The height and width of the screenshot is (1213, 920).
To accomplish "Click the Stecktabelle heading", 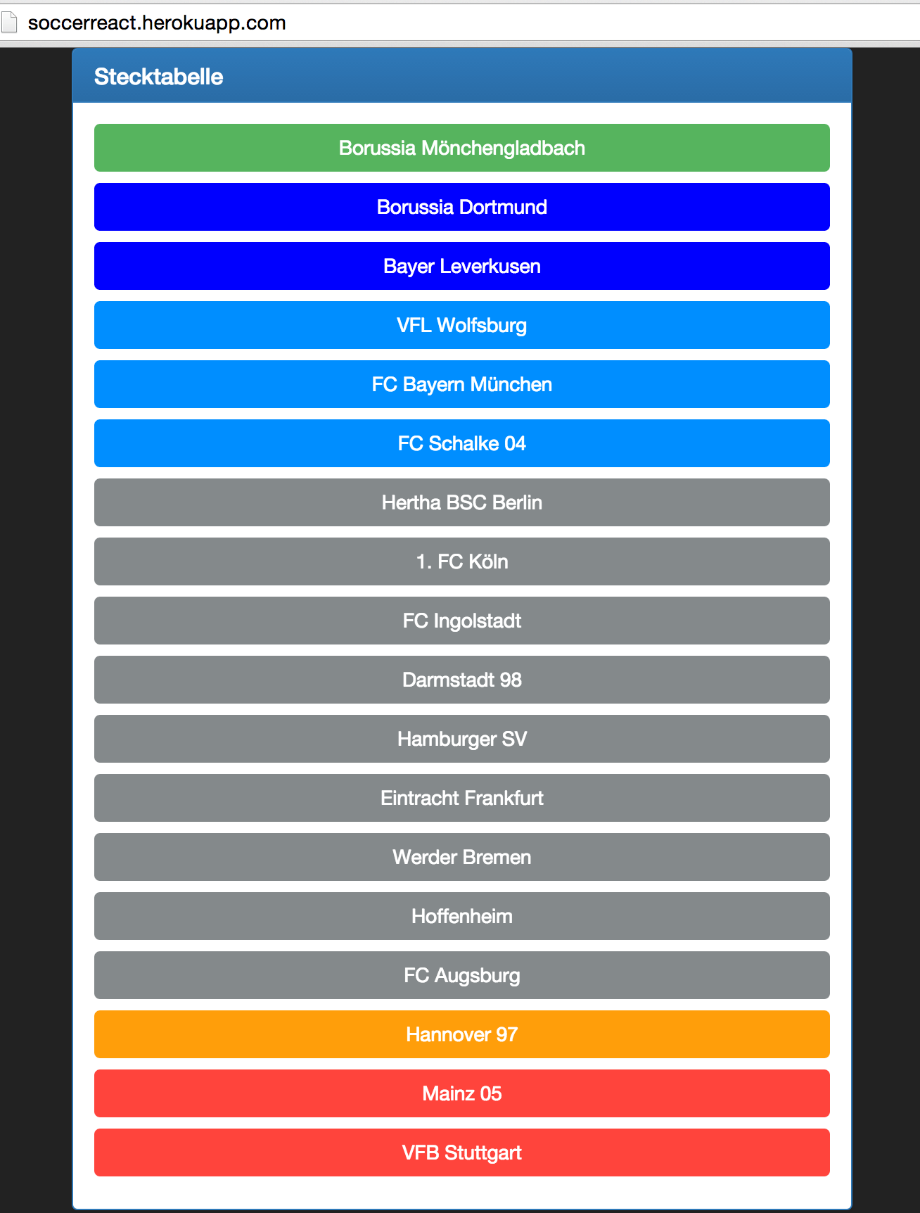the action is click(x=158, y=77).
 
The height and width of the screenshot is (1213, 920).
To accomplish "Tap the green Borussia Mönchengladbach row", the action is click(x=462, y=148).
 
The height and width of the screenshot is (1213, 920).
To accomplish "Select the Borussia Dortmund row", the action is click(x=462, y=207).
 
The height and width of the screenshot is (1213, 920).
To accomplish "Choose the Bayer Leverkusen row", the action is click(x=462, y=266).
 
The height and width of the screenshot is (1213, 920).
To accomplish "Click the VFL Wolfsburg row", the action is click(x=462, y=325).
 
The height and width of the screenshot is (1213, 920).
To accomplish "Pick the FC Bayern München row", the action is click(x=462, y=384).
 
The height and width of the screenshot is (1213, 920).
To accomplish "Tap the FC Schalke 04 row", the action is click(x=462, y=443).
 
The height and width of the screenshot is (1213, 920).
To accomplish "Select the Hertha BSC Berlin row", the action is click(x=462, y=502).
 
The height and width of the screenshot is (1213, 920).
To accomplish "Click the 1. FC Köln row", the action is click(x=462, y=561).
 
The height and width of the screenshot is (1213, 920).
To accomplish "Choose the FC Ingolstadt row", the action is click(x=462, y=621).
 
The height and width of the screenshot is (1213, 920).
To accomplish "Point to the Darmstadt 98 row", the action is click(x=462, y=680).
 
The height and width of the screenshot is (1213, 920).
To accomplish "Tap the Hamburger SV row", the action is click(x=462, y=739).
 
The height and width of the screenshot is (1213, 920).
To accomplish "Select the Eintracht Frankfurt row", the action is click(x=462, y=798).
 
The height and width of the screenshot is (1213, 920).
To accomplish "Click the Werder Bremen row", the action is click(x=462, y=857).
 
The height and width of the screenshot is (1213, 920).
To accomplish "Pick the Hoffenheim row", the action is click(x=462, y=916).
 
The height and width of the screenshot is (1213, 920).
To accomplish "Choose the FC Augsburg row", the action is click(x=462, y=975).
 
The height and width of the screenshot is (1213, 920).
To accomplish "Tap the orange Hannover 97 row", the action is click(x=462, y=1034).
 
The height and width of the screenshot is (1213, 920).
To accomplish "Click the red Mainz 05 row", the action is click(x=462, y=1093).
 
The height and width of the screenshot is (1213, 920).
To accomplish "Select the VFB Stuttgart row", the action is click(x=462, y=1152).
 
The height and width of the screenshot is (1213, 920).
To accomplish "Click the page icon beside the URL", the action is click(x=9, y=23).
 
